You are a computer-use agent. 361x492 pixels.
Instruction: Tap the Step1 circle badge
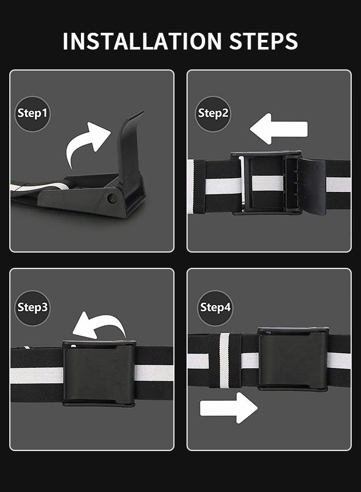[32, 114]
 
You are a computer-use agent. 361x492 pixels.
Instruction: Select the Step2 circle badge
[213, 114]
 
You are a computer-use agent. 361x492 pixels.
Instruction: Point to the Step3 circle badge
[32, 307]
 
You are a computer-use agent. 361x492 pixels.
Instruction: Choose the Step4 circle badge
[215, 307]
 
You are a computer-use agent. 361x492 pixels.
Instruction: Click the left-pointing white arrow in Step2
[278, 130]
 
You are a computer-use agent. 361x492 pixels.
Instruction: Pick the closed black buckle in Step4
[293, 360]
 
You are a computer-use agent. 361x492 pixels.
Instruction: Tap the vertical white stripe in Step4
[224, 360]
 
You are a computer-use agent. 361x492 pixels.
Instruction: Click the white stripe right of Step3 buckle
[154, 373]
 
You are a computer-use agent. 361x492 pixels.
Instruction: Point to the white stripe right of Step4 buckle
[339, 360]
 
